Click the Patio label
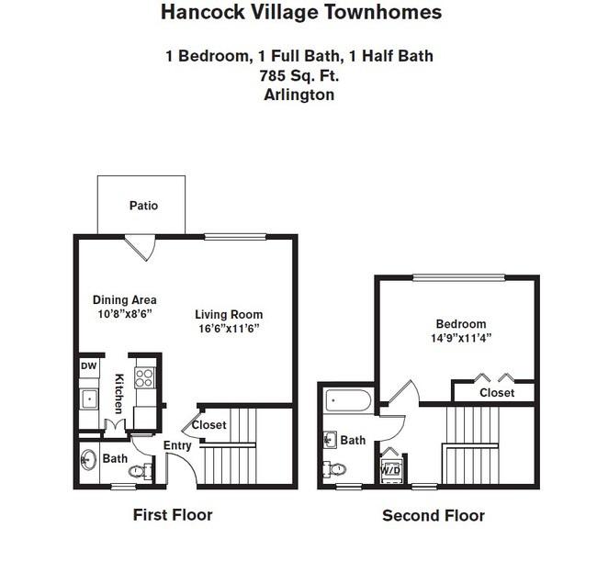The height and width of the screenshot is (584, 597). click(x=143, y=206)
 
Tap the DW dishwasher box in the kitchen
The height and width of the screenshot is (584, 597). click(x=89, y=366)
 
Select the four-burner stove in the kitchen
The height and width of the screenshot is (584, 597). click(x=145, y=377)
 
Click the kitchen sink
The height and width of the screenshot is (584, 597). click(x=89, y=399)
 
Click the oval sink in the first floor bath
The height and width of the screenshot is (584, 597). click(x=88, y=460)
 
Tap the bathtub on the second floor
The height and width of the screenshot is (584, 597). click(x=348, y=400)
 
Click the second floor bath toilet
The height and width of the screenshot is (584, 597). click(x=334, y=468)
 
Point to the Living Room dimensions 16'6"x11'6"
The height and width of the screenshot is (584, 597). click(x=229, y=328)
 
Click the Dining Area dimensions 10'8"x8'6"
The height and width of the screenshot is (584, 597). click(x=125, y=314)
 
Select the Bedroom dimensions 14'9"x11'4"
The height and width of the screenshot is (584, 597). click(x=461, y=338)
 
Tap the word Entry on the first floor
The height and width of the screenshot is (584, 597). click(x=177, y=445)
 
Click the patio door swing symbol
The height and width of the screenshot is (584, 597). click(x=141, y=248)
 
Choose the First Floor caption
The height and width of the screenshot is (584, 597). click(x=173, y=515)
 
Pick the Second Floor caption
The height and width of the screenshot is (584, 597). click(x=434, y=516)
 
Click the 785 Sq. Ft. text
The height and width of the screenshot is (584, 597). click(x=299, y=75)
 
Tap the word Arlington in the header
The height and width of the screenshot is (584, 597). click(x=299, y=95)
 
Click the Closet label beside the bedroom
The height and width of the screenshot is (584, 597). click(x=497, y=392)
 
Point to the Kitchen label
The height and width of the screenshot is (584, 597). click(x=119, y=394)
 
